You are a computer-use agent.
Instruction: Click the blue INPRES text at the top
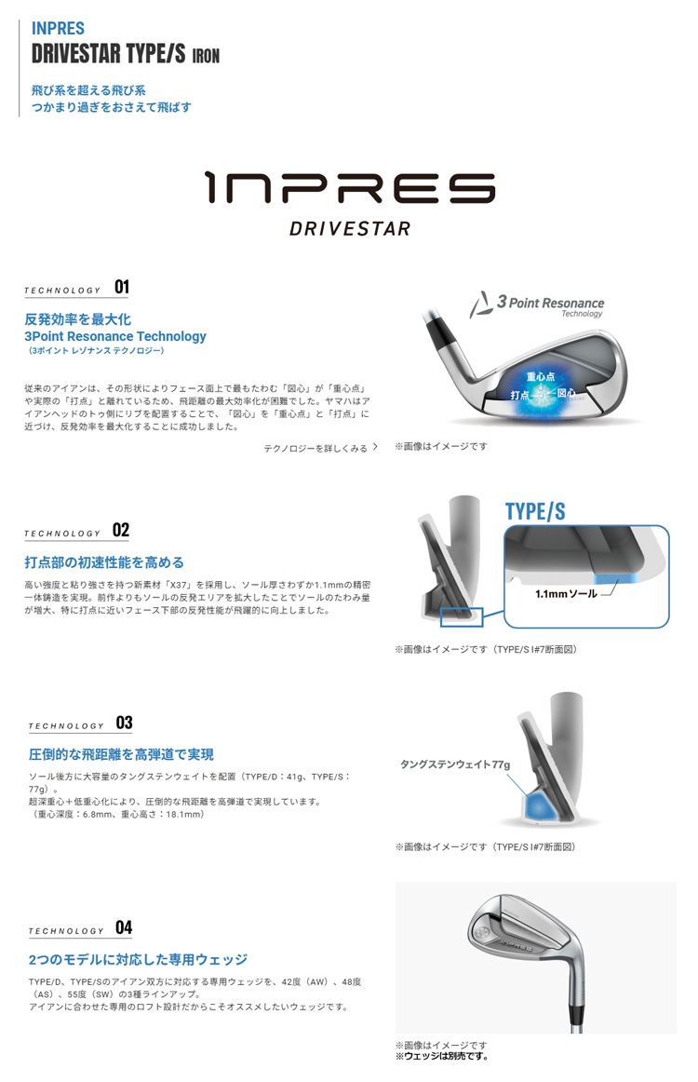[x=58, y=28]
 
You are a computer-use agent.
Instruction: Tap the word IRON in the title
[x=206, y=56]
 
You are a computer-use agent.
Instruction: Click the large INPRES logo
[x=350, y=188]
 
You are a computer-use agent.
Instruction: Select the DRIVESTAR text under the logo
[x=350, y=228]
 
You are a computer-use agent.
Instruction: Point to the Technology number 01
[x=122, y=287]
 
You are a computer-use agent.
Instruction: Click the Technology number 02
[x=121, y=530]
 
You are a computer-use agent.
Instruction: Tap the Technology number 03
[x=124, y=723]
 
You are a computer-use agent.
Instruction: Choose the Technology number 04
[x=124, y=927]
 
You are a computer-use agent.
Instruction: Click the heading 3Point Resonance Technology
[x=115, y=336]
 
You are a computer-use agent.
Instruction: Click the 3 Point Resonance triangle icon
[x=481, y=305]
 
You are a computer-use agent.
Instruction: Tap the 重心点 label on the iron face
[x=540, y=377]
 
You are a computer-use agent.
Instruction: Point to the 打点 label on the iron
[x=519, y=395]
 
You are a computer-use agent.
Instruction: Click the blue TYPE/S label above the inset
[x=535, y=511]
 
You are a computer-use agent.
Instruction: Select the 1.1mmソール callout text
[x=566, y=593]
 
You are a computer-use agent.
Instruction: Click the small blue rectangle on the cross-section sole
[x=462, y=617]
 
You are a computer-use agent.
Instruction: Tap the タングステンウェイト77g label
[x=455, y=764]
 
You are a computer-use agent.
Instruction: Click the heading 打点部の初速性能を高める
[x=104, y=562]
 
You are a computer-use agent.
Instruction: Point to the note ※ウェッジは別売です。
[x=441, y=1056]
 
